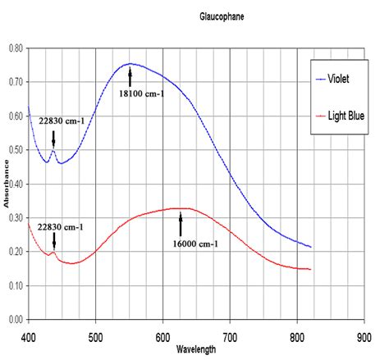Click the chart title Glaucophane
click(x=222, y=16)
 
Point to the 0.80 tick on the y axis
click(x=15, y=48)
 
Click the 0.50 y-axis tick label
click(x=15, y=150)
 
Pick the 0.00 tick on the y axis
click(x=15, y=320)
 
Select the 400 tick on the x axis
click(x=29, y=335)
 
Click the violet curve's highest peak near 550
click(x=129, y=63)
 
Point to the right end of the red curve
click(x=311, y=269)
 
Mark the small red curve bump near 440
click(x=53, y=252)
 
